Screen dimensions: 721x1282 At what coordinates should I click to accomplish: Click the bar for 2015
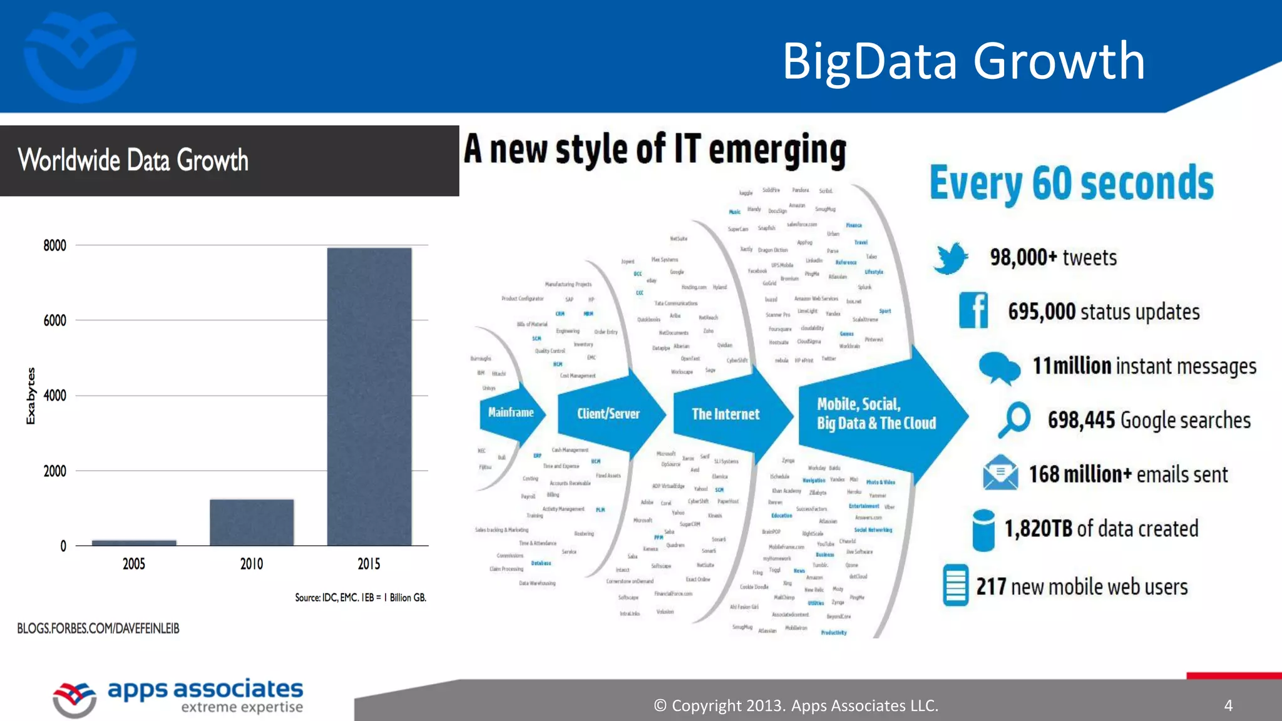[369, 397]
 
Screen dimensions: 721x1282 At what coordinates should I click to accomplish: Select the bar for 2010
[252, 523]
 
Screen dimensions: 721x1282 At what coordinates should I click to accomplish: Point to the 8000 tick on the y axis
[55, 245]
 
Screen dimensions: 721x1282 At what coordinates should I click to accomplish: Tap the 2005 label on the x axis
[134, 564]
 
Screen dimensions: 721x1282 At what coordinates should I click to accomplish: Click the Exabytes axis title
[31, 396]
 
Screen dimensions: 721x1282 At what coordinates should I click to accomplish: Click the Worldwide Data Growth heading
[133, 160]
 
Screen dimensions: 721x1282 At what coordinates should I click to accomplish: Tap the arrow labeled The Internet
[726, 414]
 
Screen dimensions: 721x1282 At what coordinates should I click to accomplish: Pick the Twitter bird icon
[950, 258]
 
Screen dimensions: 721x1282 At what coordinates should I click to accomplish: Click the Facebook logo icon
[973, 310]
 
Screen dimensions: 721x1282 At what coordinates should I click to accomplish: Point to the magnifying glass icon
[1014, 419]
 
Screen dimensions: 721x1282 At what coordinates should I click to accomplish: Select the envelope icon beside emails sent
[1000, 473]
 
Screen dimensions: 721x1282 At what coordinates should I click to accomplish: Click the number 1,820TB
[1038, 529]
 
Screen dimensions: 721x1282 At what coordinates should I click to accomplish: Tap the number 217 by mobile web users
[991, 586]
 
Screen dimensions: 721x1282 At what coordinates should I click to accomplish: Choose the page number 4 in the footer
[1228, 705]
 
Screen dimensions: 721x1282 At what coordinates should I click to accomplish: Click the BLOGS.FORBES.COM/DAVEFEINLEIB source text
[98, 628]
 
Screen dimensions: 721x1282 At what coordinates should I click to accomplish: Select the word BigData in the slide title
[870, 61]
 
